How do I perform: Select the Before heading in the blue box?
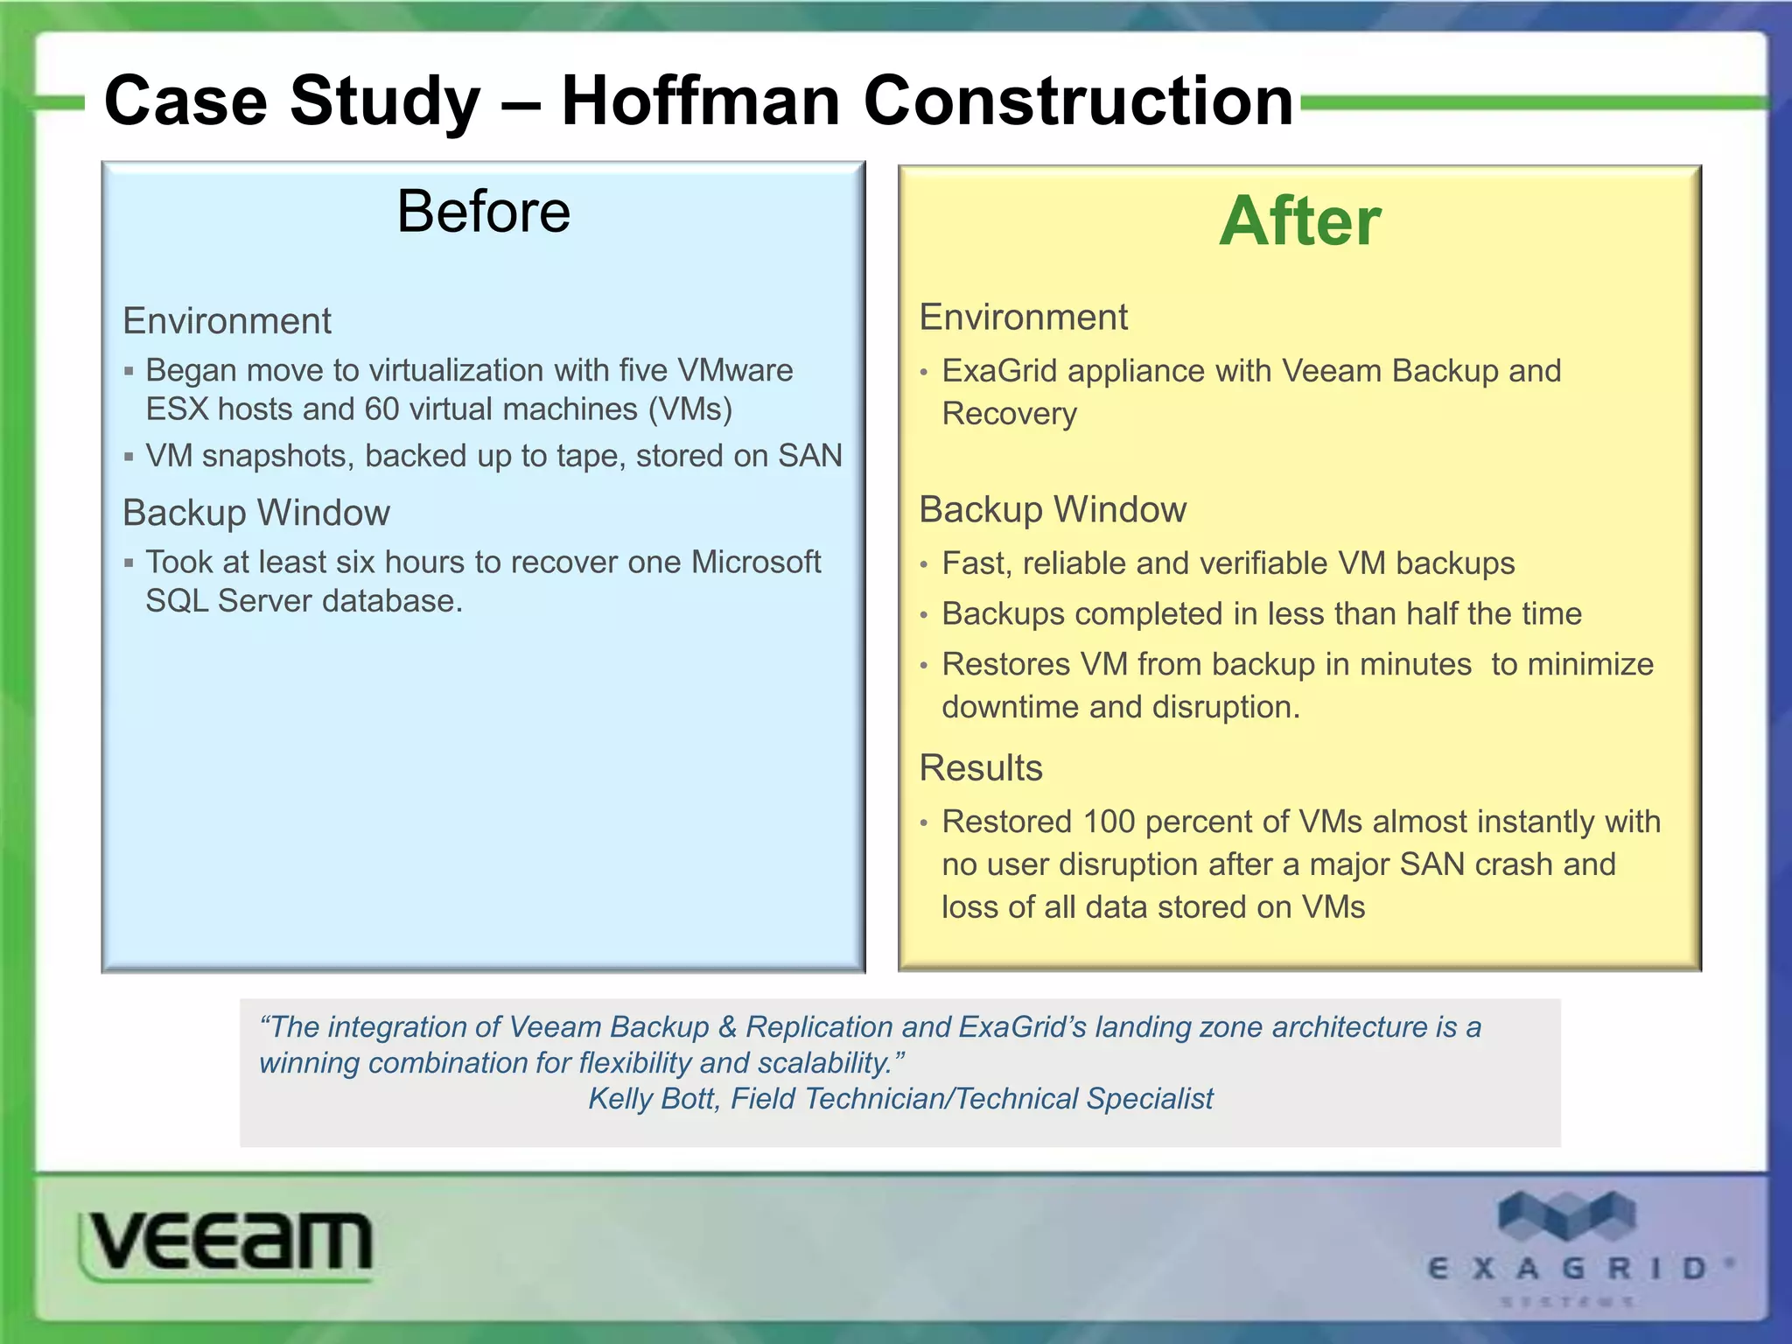[x=483, y=212]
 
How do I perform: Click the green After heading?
[x=1299, y=221]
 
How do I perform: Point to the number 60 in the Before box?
[x=381, y=409]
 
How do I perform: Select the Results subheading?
[x=980, y=768]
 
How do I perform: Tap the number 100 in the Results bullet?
[x=1109, y=822]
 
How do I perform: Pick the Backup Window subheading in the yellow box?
[x=1052, y=509]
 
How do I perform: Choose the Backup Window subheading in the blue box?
[x=255, y=513]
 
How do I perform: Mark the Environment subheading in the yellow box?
[x=1023, y=317]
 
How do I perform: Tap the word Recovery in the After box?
[x=1009, y=414]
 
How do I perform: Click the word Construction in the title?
[x=1078, y=101]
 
